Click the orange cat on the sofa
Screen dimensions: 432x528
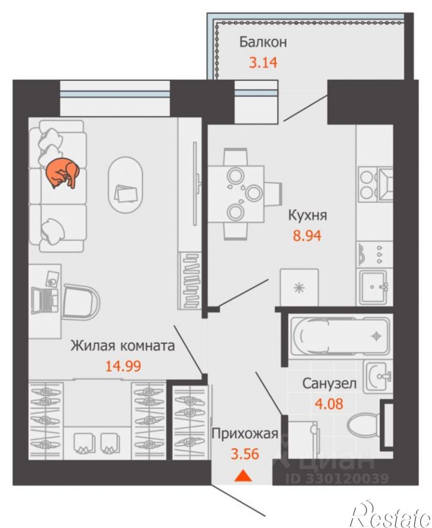click(63, 173)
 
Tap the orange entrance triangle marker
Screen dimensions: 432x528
click(243, 476)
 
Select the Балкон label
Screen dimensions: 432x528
click(263, 43)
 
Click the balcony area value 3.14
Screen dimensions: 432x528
click(263, 63)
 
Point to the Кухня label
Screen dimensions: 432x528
click(307, 215)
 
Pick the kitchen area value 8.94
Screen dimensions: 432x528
click(307, 236)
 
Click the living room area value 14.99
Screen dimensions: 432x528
click(123, 365)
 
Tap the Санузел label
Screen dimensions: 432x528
click(329, 383)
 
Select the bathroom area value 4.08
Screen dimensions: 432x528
click(328, 403)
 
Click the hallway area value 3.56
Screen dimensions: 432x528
click(245, 454)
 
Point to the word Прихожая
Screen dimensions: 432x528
click(245, 434)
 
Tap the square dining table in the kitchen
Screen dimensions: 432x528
click(235, 194)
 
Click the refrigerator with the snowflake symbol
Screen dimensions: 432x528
click(299, 288)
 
